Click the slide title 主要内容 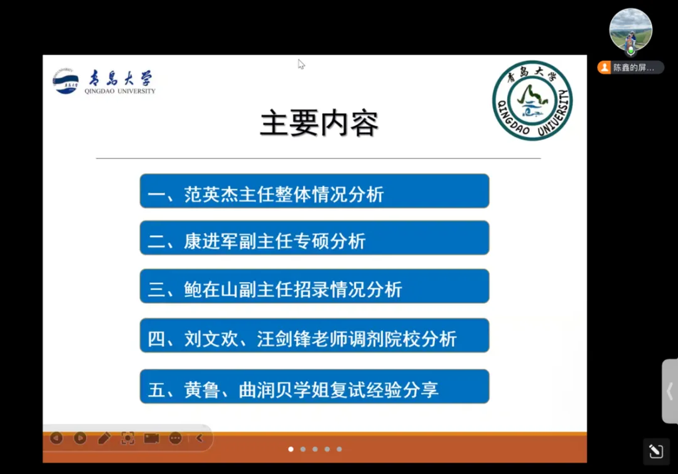pyautogui.click(x=319, y=124)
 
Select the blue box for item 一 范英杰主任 pyautogui.click(x=315, y=191)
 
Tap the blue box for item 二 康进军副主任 pyautogui.click(x=315, y=238)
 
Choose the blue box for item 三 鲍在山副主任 pyautogui.click(x=315, y=286)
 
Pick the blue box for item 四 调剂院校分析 pyautogui.click(x=315, y=336)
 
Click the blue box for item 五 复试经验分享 pyautogui.click(x=315, y=386)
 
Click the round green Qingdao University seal pyautogui.click(x=532, y=100)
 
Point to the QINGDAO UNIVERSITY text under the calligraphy pyautogui.click(x=120, y=91)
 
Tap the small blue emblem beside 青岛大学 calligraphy pyautogui.click(x=65, y=81)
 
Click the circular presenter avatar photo pyautogui.click(x=630, y=30)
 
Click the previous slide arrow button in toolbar pyautogui.click(x=56, y=438)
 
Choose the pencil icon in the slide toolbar pyautogui.click(x=104, y=438)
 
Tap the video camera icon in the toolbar pyautogui.click(x=151, y=438)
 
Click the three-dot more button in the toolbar pyautogui.click(x=176, y=438)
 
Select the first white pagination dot pyautogui.click(x=291, y=450)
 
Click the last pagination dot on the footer pyautogui.click(x=340, y=450)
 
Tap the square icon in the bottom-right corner pyautogui.click(x=656, y=451)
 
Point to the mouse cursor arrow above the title pyautogui.click(x=301, y=65)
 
